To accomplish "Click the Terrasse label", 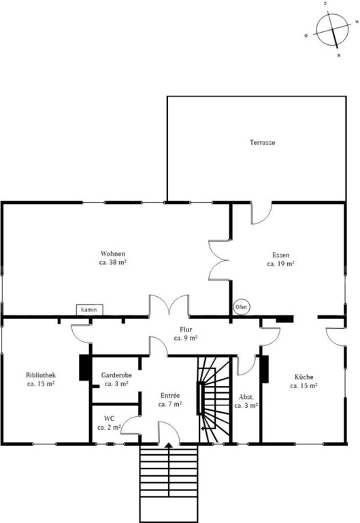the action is click(x=263, y=142).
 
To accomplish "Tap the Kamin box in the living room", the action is click(x=89, y=310).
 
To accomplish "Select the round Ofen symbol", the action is click(x=241, y=307).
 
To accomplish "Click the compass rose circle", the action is click(x=332, y=30).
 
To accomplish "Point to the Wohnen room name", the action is click(x=113, y=254).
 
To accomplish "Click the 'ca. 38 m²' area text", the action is click(x=113, y=262).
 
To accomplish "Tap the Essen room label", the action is click(x=280, y=255).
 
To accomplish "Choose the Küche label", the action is click(x=304, y=377).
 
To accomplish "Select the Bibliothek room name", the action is click(x=41, y=375).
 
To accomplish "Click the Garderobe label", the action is click(x=116, y=375).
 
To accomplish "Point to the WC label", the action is click(x=109, y=419).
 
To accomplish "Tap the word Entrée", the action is click(x=170, y=396).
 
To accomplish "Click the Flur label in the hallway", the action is click(x=186, y=330).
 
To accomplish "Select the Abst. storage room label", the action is click(x=246, y=397).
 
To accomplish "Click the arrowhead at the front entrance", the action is click(x=169, y=445).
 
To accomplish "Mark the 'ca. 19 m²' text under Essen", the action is click(x=280, y=264).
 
